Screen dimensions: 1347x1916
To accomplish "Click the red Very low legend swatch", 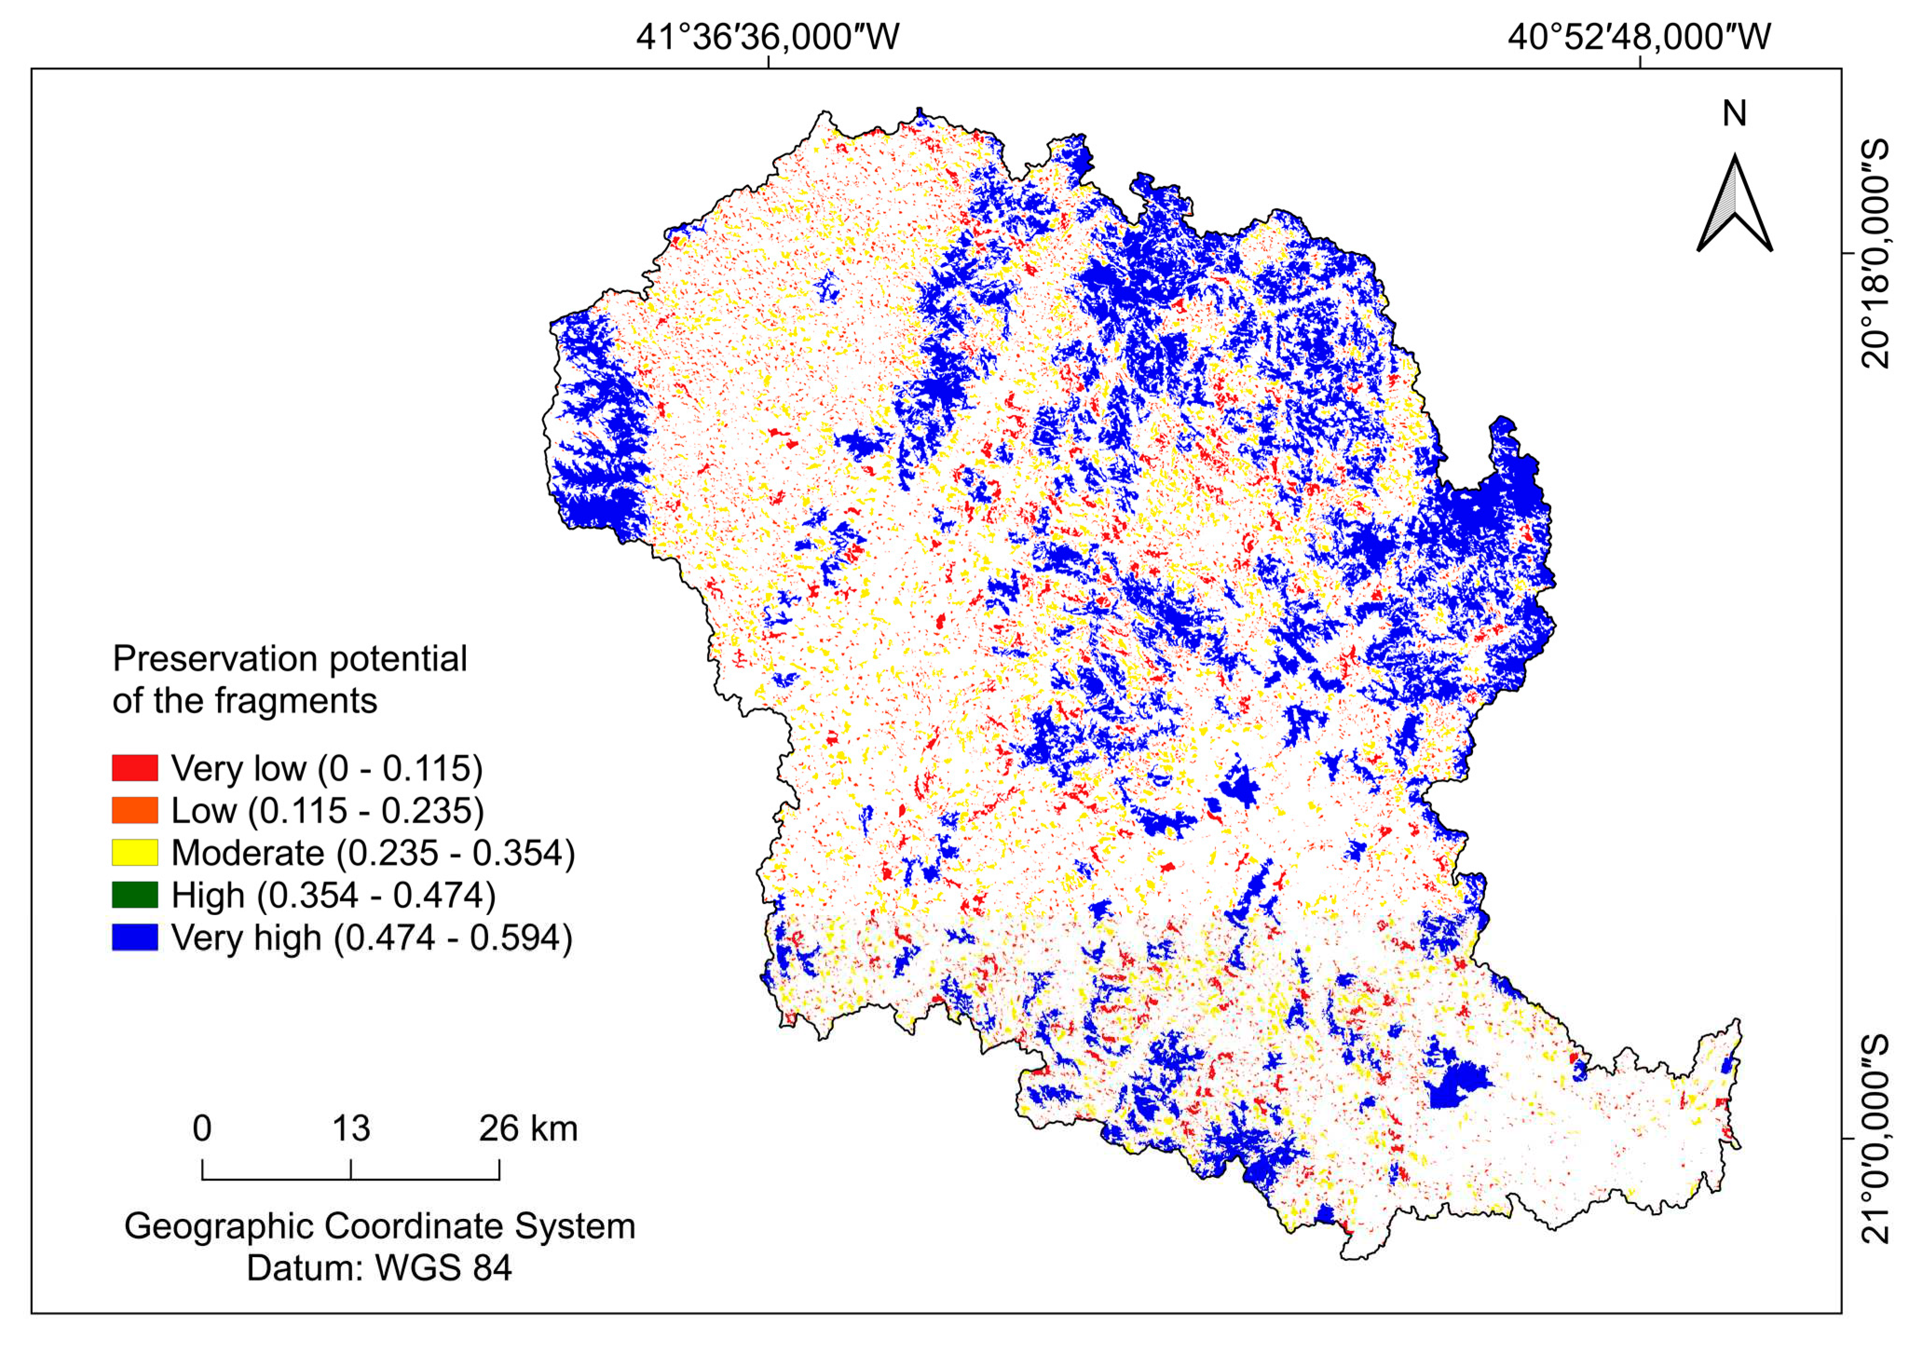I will (134, 768).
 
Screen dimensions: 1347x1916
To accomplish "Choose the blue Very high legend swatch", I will (134, 938).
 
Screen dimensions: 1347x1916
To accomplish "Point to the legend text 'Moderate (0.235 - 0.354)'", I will (373, 853).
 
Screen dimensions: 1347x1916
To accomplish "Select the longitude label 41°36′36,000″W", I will (768, 38).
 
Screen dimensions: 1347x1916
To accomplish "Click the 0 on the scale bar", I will (202, 1128).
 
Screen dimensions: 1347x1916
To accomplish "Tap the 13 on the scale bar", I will (350, 1128).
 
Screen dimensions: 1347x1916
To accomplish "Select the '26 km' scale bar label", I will (527, 1128).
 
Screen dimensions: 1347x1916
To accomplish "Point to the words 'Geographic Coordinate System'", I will (380, 1226).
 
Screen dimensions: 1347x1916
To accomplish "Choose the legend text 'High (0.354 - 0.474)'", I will (334, 896).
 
